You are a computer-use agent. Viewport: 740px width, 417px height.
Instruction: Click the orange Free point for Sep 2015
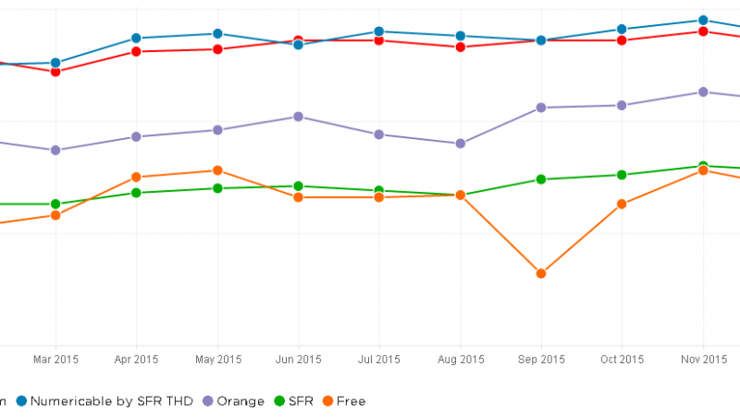(x=541, y=273)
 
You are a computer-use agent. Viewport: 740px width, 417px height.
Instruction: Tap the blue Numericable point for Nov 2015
(x=703, y=20)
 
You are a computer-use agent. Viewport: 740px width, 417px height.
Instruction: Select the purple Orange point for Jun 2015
(x=298, y=117)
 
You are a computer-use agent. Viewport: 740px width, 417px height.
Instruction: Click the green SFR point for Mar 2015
(x=55, y=204)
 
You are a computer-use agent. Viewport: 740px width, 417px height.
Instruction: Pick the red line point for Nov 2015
(x=703, y=32)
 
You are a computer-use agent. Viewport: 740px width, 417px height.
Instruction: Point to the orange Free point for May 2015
(x=217, y=171)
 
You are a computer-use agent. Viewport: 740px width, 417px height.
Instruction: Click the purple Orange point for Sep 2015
(x=541, y=107)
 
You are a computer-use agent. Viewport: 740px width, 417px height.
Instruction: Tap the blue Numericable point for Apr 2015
(x=136, y=38)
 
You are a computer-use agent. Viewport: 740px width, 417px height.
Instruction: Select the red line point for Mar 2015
(x=55, y=71)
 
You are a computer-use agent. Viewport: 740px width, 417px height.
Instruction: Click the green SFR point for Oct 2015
(x=623, y=175)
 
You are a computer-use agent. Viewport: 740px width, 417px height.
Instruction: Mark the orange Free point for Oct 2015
(x=623, y=204)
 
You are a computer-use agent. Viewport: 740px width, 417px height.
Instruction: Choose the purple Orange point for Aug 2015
(x=460, y=144)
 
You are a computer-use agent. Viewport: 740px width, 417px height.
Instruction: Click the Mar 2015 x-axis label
(x=55, y=360)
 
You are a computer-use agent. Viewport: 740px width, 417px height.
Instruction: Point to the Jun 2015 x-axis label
(x=298, y=360)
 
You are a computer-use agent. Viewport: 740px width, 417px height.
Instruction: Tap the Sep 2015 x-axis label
(x=541, y=360)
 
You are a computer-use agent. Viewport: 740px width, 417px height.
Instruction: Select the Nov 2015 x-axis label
(x=703, y=360)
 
